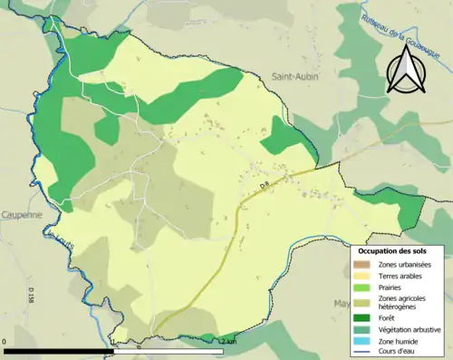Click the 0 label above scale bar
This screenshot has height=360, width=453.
tap(5, 341)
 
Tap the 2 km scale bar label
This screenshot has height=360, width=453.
tap(227, 341)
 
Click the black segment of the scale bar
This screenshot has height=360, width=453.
tap(59, 350)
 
